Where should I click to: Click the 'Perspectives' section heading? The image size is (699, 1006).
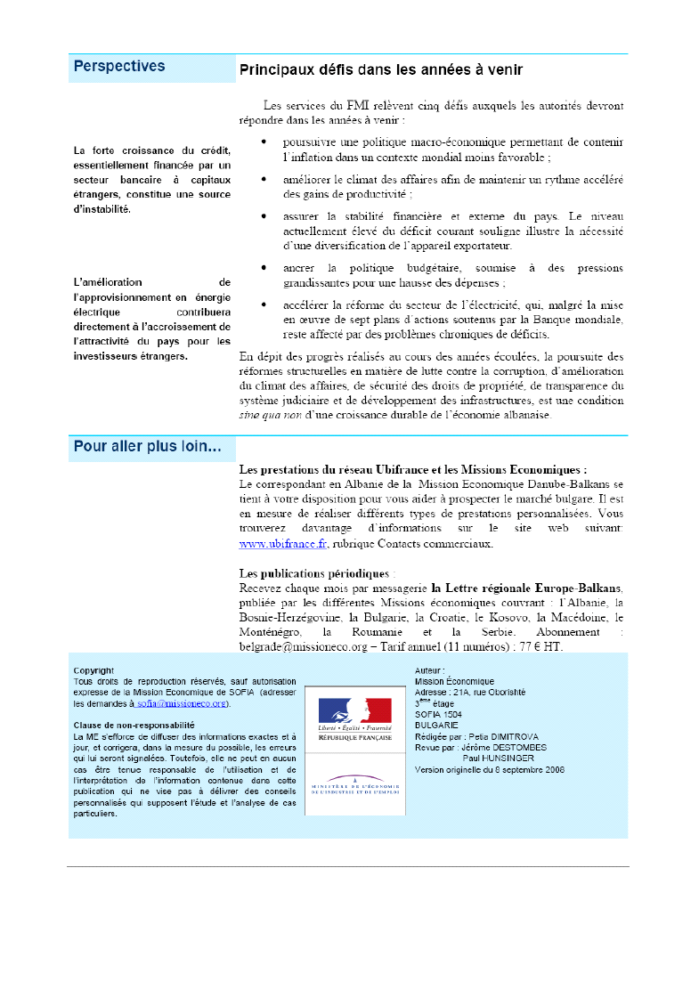coord(119,66)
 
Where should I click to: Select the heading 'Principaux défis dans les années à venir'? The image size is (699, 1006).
coord(380,69)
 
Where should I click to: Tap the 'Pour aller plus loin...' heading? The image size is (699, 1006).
coord(148,447)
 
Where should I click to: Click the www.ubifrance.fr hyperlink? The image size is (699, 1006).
coord(283,543)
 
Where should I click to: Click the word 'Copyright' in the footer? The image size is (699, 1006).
coord(93,670)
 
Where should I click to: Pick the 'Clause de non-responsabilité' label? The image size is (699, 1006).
coord(134,726)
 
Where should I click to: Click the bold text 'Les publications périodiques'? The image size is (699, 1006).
coord(314,572)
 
